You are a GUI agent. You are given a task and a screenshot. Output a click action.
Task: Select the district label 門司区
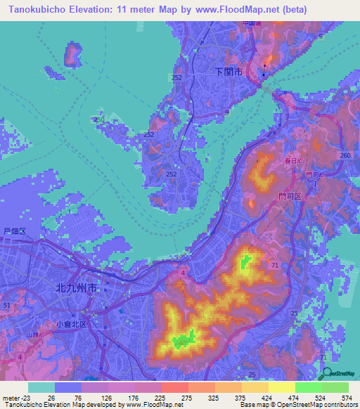(x=289, y=197)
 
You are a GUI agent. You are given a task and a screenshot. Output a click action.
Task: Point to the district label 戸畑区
(x=14, y=231)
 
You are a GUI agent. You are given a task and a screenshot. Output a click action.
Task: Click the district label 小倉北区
(x=71, y=324)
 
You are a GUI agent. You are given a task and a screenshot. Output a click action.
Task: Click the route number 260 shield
(x=345, y=155)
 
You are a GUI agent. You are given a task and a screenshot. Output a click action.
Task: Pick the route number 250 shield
(x=99, y=121)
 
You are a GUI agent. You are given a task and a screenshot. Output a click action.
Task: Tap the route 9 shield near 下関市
(x=226, y=112)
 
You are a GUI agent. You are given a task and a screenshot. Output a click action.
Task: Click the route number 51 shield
(x=6, y=306)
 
